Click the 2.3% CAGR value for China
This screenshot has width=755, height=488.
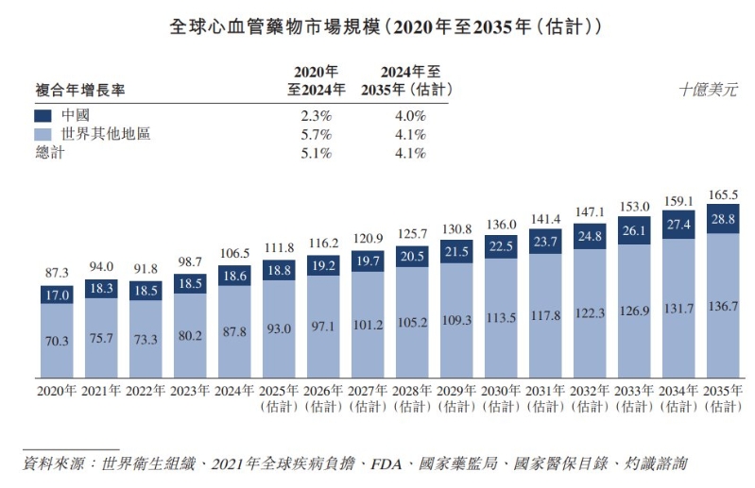coord(316,115)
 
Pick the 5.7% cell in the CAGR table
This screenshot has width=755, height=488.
coord(316,134)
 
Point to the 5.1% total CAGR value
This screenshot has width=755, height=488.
coord(316,153)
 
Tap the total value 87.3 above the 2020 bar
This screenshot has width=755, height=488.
coord(57,272)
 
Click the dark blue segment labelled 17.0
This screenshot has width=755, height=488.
coord(57,294)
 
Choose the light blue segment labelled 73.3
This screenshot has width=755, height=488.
coord(146,340)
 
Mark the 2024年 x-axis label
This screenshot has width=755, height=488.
coord(234,390)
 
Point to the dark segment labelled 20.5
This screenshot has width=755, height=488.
coord(412,255)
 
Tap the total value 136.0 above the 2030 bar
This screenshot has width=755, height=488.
coord(501,225)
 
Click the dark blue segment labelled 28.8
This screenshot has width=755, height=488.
coord(723,218)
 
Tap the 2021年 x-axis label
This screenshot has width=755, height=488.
coord(101,390)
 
